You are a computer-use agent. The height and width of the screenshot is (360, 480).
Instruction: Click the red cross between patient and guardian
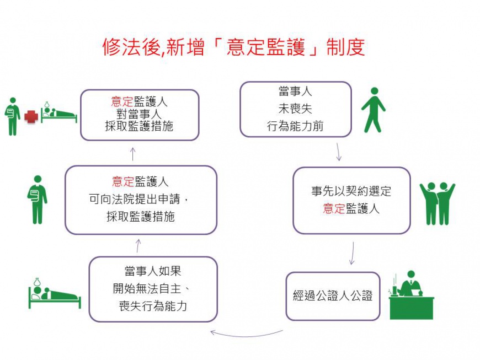tap(31, 117)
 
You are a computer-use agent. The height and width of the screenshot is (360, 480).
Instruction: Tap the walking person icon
tap(373, 110)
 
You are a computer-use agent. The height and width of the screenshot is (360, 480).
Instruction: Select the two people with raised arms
tap(438, 203)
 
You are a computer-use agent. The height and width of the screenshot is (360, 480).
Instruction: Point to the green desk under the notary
tap(412, 308)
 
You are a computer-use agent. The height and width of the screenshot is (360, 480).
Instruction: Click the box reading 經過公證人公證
tap(333, 296)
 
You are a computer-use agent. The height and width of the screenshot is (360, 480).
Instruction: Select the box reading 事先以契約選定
tap(351, 200)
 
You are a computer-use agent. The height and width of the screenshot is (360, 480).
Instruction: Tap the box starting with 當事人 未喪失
tap(295, 109)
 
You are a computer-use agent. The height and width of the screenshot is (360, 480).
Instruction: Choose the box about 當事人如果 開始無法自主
tap(153, 289)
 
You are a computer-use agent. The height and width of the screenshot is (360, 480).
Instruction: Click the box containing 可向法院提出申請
tap(141, 200)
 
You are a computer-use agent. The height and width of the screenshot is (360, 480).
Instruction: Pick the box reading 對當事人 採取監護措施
tap(140, 115)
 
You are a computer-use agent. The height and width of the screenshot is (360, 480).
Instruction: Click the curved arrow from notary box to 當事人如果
tap(247, 335)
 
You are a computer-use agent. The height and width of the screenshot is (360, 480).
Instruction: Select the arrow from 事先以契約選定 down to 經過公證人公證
tap(353, 253)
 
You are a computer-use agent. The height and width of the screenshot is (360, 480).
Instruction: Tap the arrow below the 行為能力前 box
tap(338, 152)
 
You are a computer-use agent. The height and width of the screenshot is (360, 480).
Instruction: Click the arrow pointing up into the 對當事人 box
tap(133, 154)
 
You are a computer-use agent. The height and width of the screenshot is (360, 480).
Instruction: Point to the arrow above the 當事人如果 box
tap(138, 246)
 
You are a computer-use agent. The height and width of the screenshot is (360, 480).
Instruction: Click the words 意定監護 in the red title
tap(266, 47)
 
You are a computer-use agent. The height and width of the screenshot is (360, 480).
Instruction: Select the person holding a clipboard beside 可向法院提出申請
tap(37, 200)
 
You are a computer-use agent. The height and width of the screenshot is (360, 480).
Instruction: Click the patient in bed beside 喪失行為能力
tap(55, 293)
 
